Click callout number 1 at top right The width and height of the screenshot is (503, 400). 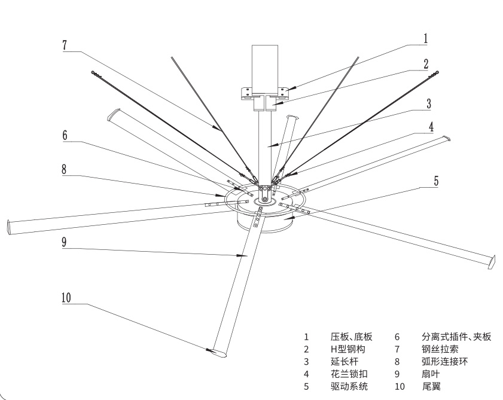(x=425, y=38)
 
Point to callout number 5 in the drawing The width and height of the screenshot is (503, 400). (x=436, y=180)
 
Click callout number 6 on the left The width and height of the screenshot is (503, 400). (x=65, y=135)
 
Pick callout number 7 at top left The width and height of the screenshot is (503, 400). (x=65, y=46)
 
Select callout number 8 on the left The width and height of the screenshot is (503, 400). (x=65, y=169)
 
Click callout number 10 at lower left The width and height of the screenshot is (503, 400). (x=67, y=297)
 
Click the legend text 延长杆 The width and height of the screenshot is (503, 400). (x=345, y=361)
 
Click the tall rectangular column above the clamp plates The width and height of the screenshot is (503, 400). (x=265, y=66)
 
